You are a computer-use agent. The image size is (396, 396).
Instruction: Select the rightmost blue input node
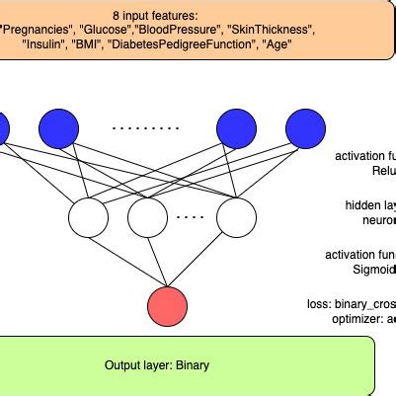coord(305,127)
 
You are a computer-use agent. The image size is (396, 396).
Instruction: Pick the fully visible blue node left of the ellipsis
coord(58,127)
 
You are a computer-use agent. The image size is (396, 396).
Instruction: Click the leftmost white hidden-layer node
coord(87,217)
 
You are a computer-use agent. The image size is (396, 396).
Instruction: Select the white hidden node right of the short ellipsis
coord(235,217)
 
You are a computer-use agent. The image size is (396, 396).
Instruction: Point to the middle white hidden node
coord(148,217)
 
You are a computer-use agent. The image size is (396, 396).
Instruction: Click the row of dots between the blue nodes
coord(146,127)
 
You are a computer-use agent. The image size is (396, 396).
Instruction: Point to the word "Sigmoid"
coord(373,269)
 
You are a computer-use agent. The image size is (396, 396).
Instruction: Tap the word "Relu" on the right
coord(383,171)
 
